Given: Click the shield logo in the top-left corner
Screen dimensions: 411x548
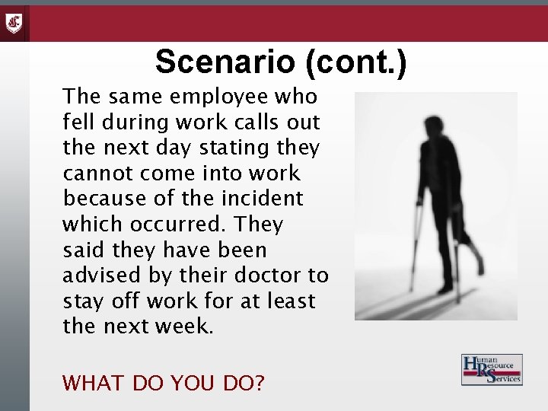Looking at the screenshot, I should pyautogui.click(x=14, y=24).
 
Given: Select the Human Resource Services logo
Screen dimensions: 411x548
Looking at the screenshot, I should pyautogui.click(x=491, y=370).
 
